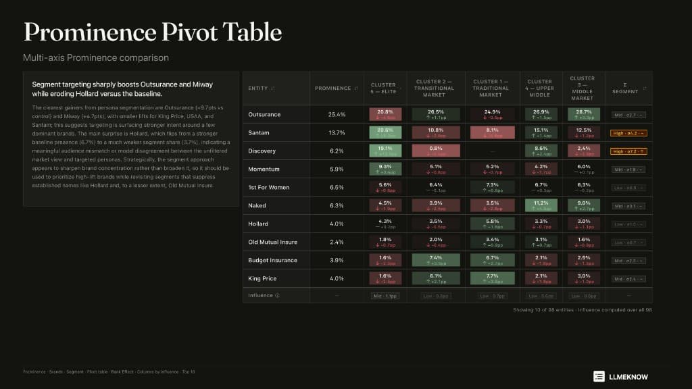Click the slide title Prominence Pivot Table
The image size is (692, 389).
pos(152,32)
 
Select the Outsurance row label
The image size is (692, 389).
pos(264,114)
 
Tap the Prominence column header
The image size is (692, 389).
pos(332,88)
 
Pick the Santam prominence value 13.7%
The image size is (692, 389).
pos(337,132)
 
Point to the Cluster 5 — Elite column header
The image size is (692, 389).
pos(383,88)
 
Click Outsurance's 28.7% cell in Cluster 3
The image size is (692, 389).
pos(582,114)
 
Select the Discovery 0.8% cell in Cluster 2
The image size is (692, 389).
pos(436,151)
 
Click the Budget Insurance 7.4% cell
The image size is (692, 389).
pos(436,260)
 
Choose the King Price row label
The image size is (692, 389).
pos(262,278)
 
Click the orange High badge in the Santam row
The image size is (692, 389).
pos(628,133)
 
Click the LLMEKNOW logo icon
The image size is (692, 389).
pos(599,376)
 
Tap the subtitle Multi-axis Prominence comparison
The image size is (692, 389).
pos(96,57)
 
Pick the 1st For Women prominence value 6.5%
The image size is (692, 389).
pos(337,187)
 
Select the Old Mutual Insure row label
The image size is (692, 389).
pos(273,242)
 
